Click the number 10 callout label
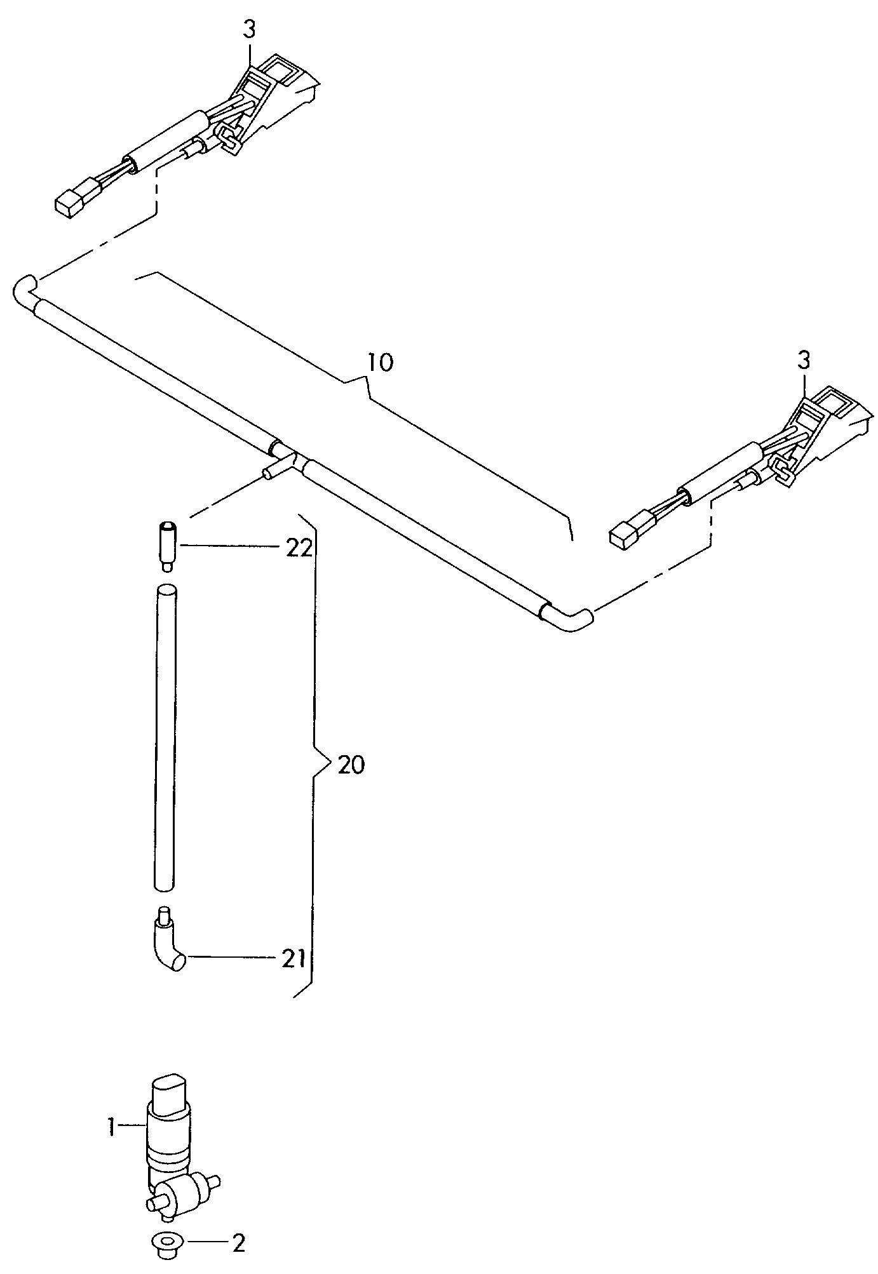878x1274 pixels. click(380, 363)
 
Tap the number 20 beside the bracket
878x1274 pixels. click(351, 765)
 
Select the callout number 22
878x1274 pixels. click(299, 547)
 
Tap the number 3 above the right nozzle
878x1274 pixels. click(804, 361)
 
